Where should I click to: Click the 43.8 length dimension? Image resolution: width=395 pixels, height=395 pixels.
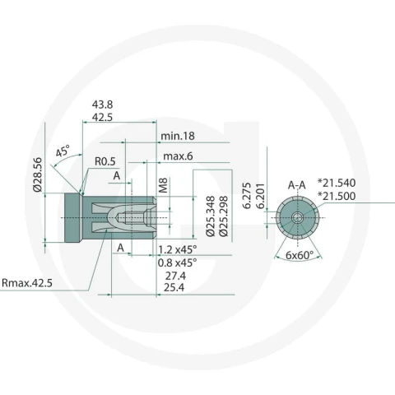[102, 105]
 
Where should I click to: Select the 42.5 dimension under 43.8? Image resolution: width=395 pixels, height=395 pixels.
[102, 118]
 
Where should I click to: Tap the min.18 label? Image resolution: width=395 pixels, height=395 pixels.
[178, 136]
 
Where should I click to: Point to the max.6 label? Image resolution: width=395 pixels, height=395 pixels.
[178, 156]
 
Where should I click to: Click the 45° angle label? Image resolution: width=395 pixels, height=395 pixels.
[63, 151]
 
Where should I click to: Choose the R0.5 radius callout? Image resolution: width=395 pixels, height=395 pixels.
[105, 161]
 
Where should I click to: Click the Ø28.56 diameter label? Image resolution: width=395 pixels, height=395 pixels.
[37, 174]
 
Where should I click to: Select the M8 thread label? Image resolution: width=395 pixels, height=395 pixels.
[163, 185]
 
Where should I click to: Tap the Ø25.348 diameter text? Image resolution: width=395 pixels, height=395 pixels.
[211, 216]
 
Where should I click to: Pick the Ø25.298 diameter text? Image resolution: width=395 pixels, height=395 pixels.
[224, 216]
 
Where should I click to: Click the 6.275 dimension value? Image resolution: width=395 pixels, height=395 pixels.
[247, 196]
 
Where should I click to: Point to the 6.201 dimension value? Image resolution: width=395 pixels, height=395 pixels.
[260, 196]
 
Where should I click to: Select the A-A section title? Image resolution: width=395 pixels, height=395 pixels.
[297, 185]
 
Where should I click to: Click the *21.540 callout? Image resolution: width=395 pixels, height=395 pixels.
[337, 183]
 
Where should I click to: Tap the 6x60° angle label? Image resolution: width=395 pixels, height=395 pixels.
[300, 255]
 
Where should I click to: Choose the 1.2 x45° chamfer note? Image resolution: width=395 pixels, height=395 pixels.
[178, 249]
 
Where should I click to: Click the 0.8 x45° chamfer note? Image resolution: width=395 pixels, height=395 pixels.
[178, 263]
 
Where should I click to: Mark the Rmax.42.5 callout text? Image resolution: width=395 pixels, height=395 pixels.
[27, 283]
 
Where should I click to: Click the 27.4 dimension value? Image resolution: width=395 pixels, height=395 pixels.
[175, 276]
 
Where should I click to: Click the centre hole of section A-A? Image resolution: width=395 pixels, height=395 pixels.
[297, 218]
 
